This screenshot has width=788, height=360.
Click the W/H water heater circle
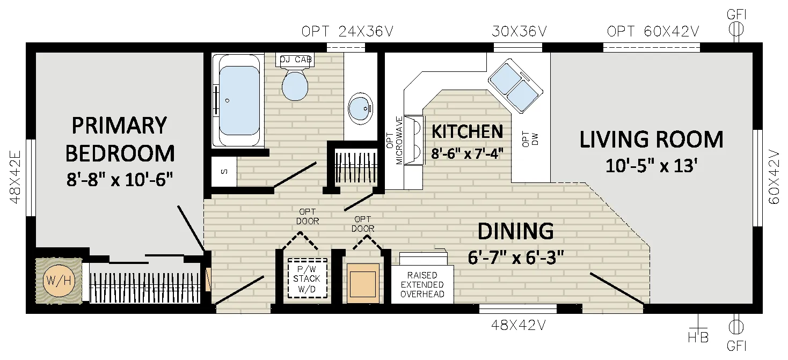click(x=59, y=281)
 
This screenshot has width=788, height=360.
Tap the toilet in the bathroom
click(x=295, y=81)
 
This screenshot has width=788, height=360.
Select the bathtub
click(x=238, y=100)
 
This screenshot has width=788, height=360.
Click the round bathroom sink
click(x=360, y=108)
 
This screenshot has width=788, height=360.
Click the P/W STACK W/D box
click(x=307, y=279)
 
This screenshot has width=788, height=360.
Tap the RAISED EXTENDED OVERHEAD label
click(x=422, y=284)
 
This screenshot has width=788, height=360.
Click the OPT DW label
click(x=530, y=139)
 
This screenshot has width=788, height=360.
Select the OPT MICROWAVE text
click(x=395, y=140)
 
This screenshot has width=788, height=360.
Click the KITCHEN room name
click(x=467, y=132)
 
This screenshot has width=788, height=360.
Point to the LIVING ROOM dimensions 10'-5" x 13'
click(x=651, y=166)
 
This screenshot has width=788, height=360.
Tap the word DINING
click(x=516, y=231)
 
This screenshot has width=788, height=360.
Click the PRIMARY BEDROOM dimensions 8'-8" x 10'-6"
click(x=120, y=179)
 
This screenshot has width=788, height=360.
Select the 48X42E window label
click(x=15, y=177)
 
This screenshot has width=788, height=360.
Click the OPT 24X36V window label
click(x=347, y=32)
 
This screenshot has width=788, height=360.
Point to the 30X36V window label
click(x=519, y=32)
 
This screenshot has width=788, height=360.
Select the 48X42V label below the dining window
click(x=518, y=325)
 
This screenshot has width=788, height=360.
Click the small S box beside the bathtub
click(x=224, y=172)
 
